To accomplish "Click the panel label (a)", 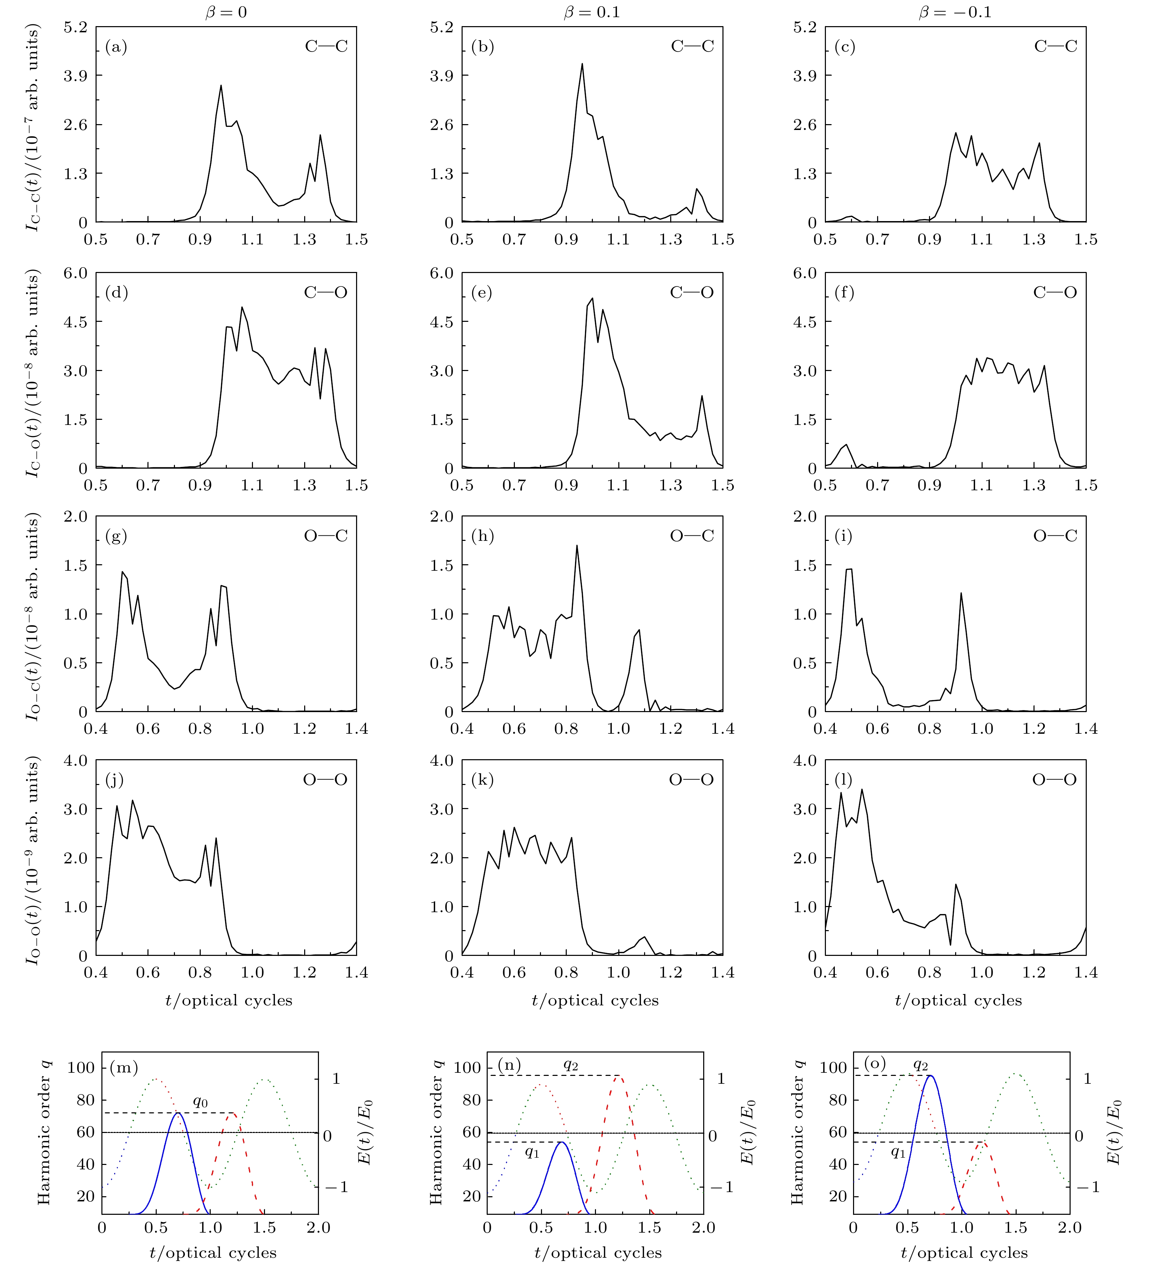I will click(116, 47).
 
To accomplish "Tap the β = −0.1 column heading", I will click(955, 12).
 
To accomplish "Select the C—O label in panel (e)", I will click(692, 292).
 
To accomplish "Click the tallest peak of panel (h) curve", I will click(577, 545).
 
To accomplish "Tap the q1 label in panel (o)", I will click(898, 1152).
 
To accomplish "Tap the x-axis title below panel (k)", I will click(595, 1000).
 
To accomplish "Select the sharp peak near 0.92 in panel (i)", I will click(961, 593).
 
